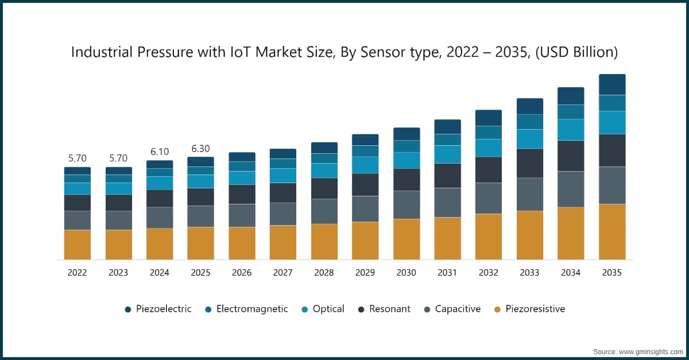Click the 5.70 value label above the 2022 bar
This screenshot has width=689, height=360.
(77, 158)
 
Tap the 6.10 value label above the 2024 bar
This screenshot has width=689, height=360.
(160, 152)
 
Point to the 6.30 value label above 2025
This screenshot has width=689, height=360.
(200, 149)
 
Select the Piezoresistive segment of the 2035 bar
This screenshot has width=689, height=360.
(612, 231)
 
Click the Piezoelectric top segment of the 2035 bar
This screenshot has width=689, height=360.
(612, 84)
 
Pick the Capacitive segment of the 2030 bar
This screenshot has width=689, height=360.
(407, 204)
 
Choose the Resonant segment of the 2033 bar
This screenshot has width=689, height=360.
(530, 163)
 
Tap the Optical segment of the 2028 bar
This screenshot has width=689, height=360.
(324, 171)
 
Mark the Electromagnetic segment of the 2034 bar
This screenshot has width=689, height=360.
(571, 112)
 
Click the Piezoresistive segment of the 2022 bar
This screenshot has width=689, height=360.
(77, 245)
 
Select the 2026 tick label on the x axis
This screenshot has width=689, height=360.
(242, 273)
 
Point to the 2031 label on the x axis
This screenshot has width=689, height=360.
(447, 273)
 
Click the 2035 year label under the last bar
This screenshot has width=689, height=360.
(612, 273)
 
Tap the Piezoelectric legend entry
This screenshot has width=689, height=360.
(158, 309)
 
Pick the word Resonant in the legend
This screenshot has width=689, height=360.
(390, 309)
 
